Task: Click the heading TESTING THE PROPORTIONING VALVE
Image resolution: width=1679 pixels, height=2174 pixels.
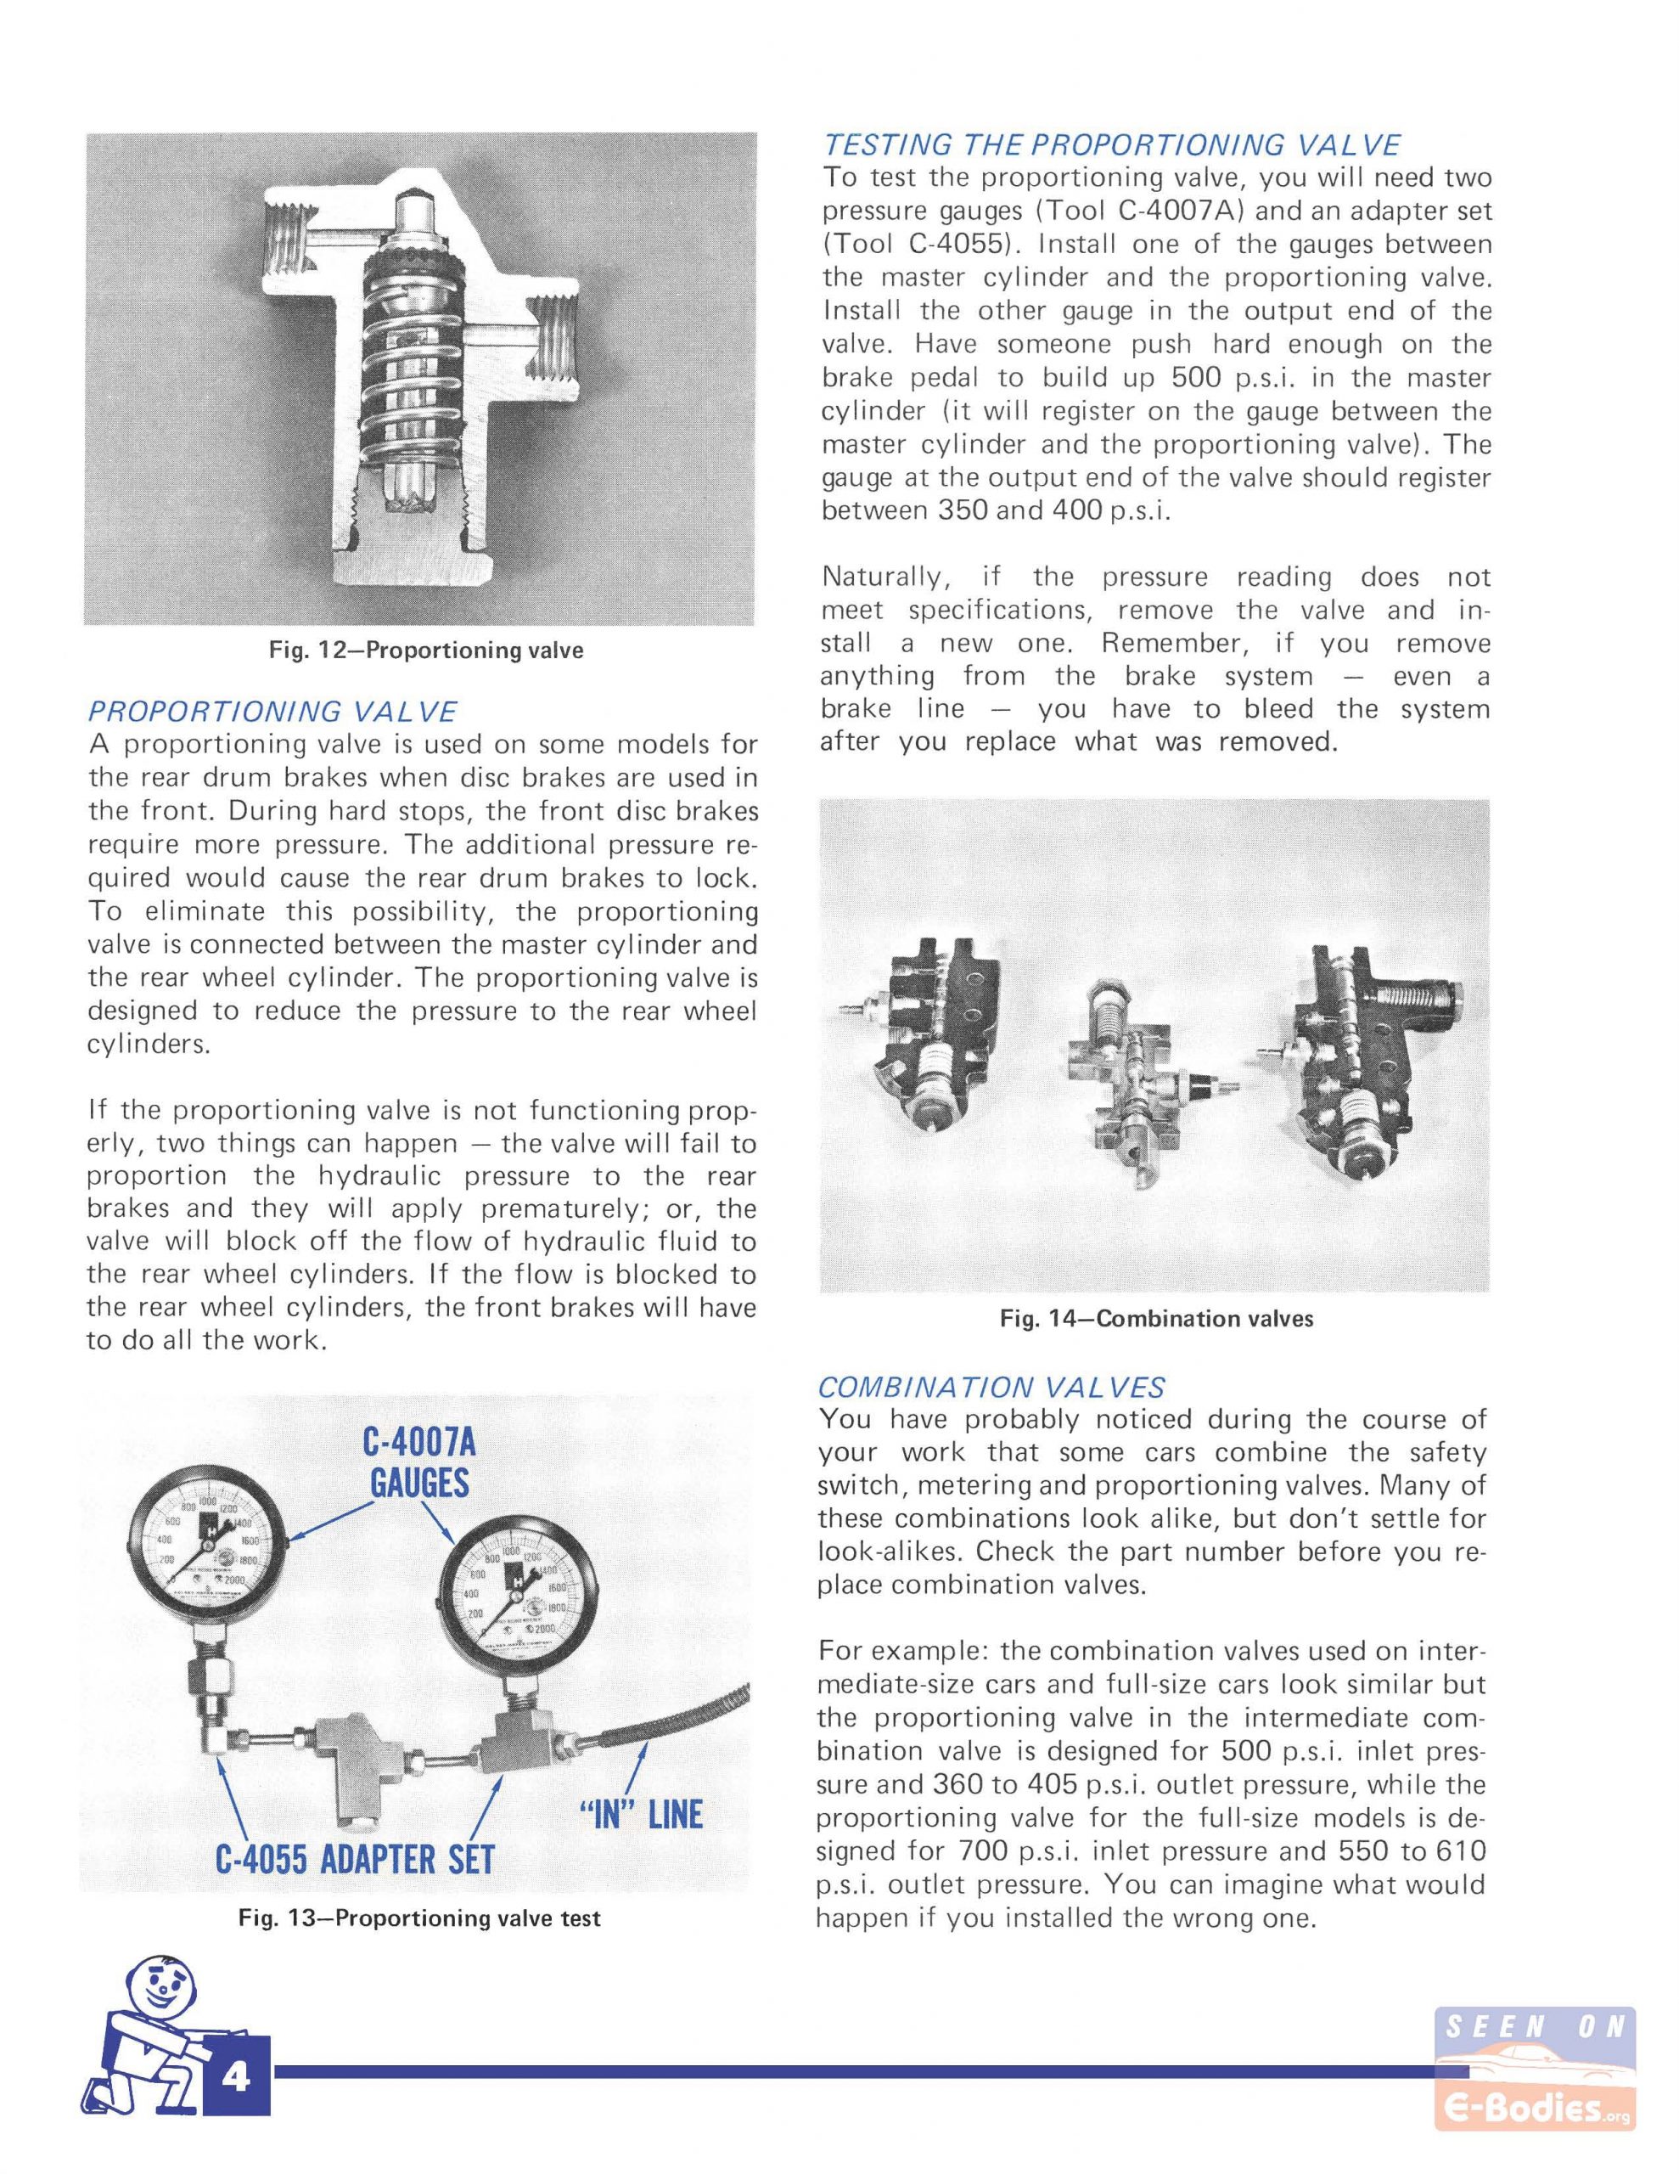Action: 1112,145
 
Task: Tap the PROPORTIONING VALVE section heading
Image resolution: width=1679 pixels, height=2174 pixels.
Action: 272,712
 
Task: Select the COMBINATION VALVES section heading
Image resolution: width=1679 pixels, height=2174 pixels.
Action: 991,1387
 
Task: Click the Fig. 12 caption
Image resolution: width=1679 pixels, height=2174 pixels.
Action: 426,651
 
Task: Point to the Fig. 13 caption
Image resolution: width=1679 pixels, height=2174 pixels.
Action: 419,1918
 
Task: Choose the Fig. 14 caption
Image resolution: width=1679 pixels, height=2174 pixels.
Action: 1156,1319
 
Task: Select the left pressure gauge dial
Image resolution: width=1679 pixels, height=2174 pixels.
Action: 209,1542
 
